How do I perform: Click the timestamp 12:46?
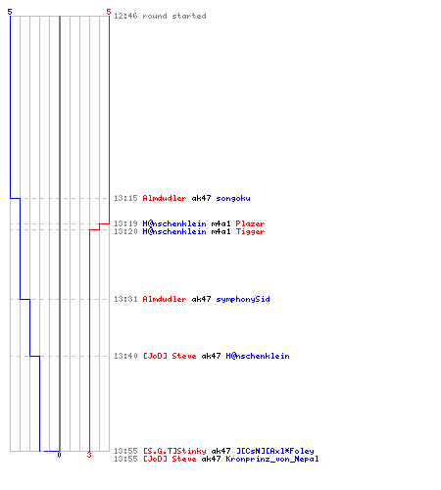tap(125, 16)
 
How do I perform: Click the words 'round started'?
tap(174, 16)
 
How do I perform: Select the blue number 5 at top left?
tap(10, 12)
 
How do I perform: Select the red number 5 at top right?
tap(109, 12)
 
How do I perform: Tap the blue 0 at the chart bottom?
tap(59, 455)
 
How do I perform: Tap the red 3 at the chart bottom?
tap(89, 455)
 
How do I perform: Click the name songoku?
tap(233, 198)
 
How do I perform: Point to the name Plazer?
tap(250, 223)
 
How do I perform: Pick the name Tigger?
tap(250, 231)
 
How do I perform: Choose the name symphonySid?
tap(243, 299)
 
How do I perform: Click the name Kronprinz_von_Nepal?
tap(272, 459)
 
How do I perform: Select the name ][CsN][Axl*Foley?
tap(275, 451)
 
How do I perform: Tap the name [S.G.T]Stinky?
tap(174, 451)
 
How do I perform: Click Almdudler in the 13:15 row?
tap(165, 198)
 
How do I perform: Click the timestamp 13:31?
tap(125, 299)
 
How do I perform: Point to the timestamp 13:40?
tap(125, 356)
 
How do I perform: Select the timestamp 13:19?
tap(125, 223)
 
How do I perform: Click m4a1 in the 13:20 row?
tap(220, 231)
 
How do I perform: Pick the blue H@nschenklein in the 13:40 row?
tap(258, 356)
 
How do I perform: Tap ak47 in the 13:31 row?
tap(201, 299)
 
